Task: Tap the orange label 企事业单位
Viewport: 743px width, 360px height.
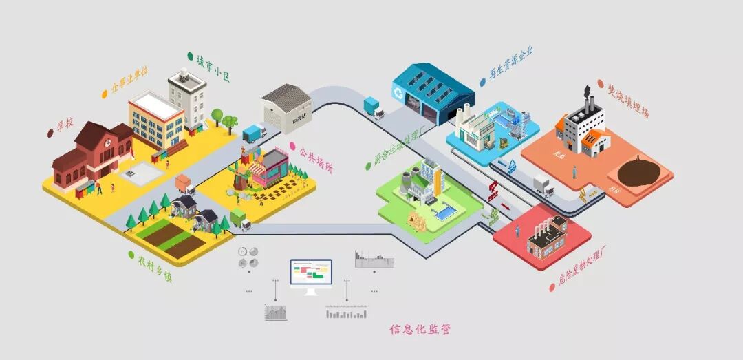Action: pos(129,81)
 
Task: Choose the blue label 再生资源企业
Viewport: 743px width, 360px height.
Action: pos(511,64)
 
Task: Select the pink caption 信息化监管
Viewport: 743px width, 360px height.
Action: pos(420,329)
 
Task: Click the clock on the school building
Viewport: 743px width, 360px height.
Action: pos(107,141)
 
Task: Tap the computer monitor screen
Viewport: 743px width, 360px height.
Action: pos(310,272)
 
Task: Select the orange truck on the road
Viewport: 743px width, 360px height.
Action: pos(184,184)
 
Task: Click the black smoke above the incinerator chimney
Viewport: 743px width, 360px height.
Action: pos(587,91)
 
